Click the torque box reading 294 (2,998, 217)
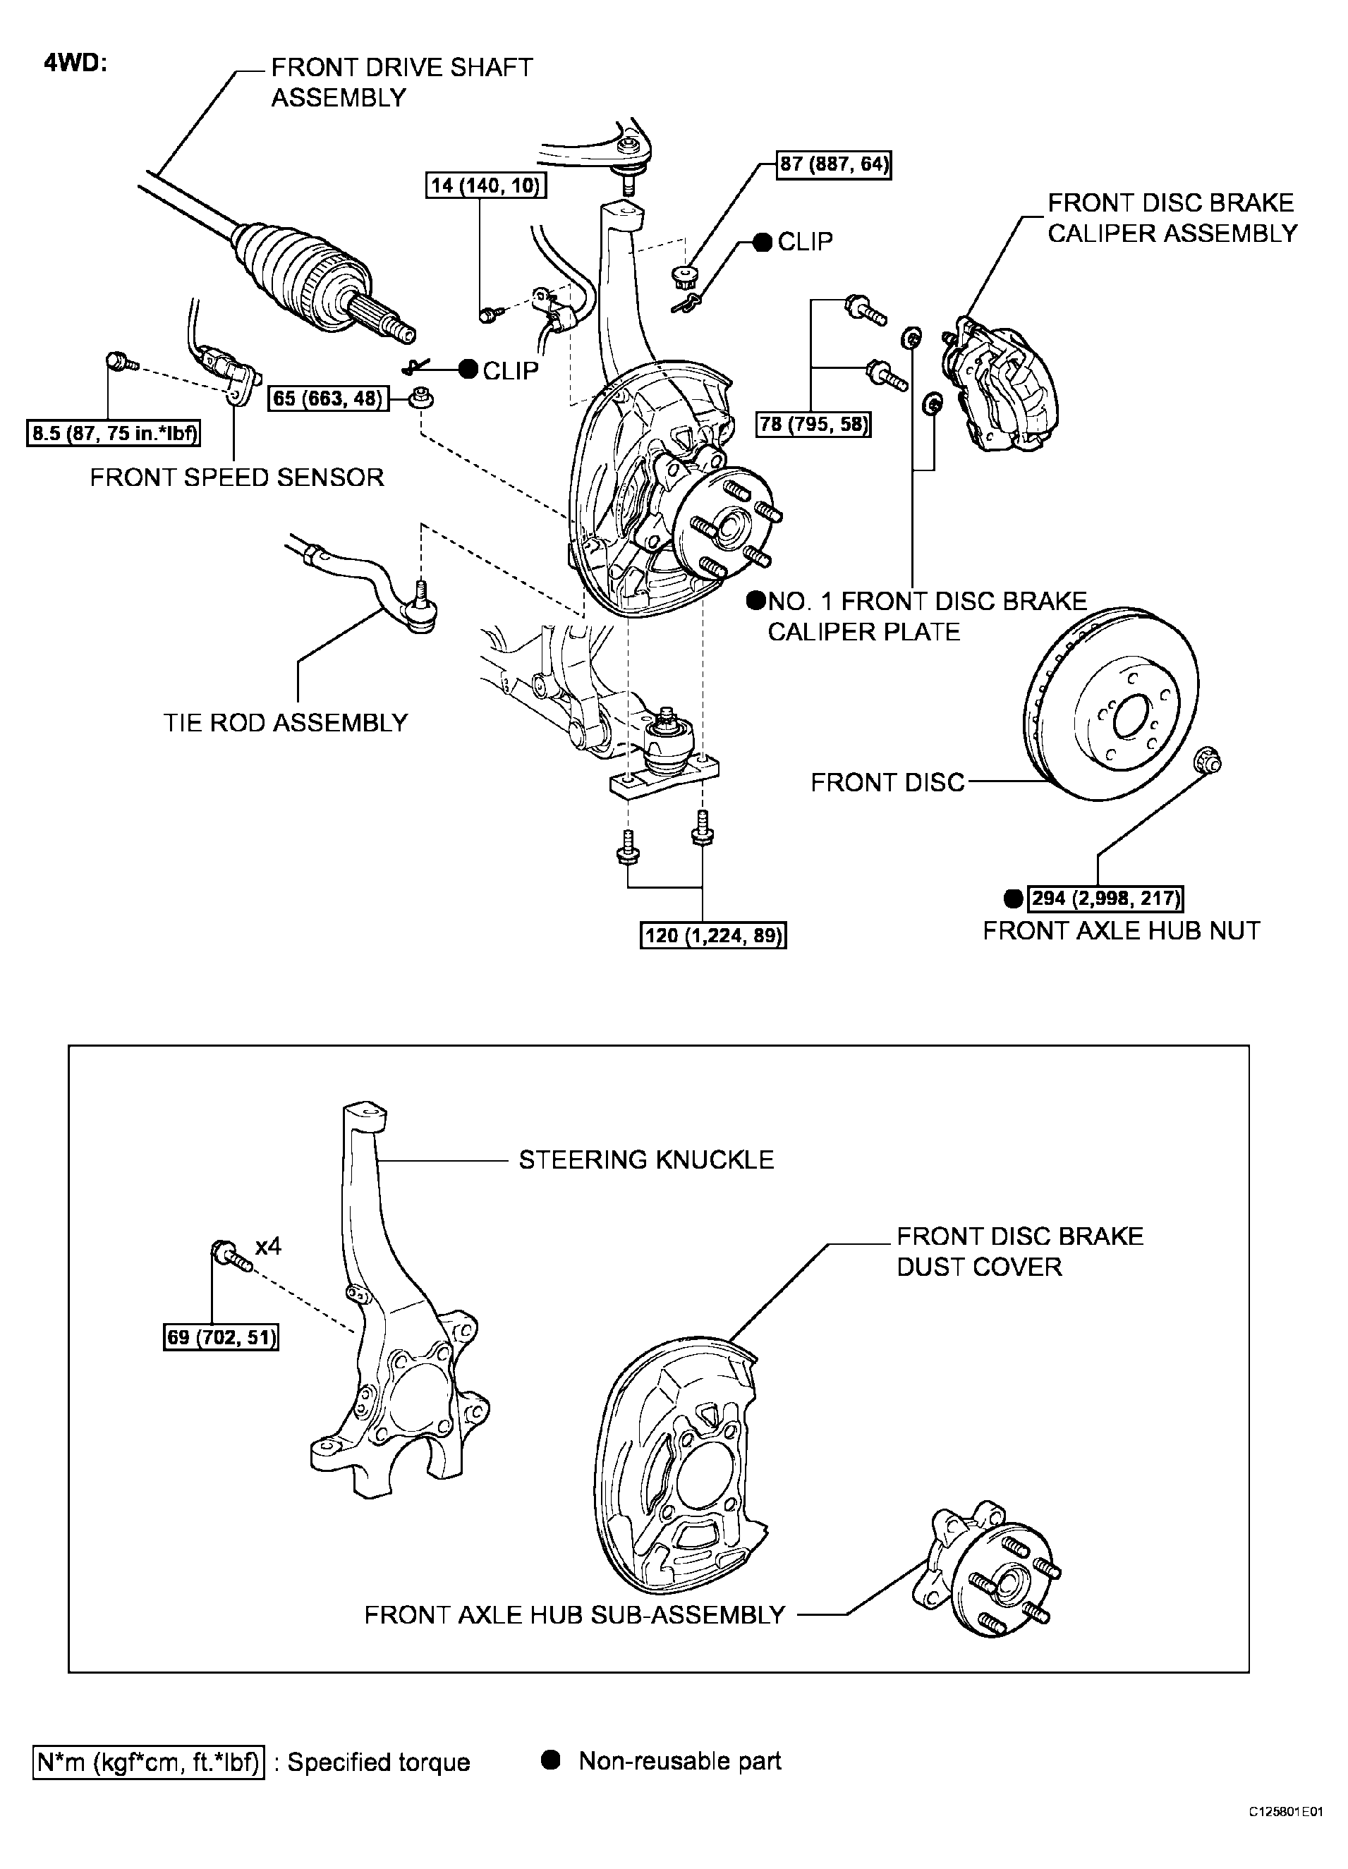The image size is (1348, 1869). coord(1106,899)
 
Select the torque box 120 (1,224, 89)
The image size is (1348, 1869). coord(714,936)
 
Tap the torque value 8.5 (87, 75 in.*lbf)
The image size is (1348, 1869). coord(114,434)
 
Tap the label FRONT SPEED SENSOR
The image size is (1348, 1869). coord(236,478)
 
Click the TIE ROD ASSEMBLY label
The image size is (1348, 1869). coord(285,723)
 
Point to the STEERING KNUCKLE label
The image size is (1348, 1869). coord(646,1159)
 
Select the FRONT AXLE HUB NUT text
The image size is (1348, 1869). coord(1122,931)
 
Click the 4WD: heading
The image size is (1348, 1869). coord(75,64)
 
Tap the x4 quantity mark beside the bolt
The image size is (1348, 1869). coord(268,1246)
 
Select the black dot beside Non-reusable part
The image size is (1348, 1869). coord(550,1761)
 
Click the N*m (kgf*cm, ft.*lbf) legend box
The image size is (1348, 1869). coord(149,1763)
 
